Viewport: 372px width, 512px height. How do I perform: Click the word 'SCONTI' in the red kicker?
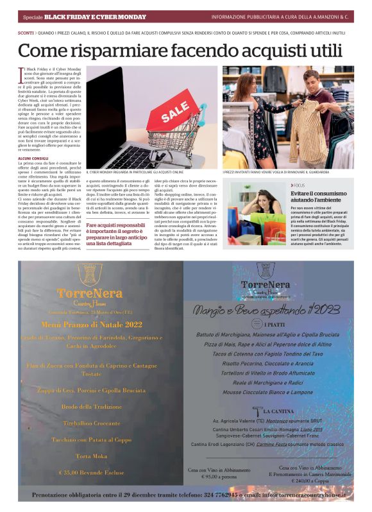point(26,31)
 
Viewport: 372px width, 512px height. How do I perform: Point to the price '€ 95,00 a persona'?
point(218,477)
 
